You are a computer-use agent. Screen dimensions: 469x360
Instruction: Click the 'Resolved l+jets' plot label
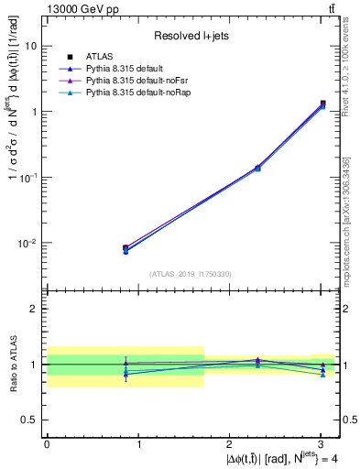tap(191, 36)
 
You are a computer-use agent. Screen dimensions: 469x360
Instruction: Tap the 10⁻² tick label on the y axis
tap(28, 244)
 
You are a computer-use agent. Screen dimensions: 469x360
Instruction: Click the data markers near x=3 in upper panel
tap(322, 104)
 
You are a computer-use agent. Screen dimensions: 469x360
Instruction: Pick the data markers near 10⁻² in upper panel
tap(125, 248)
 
